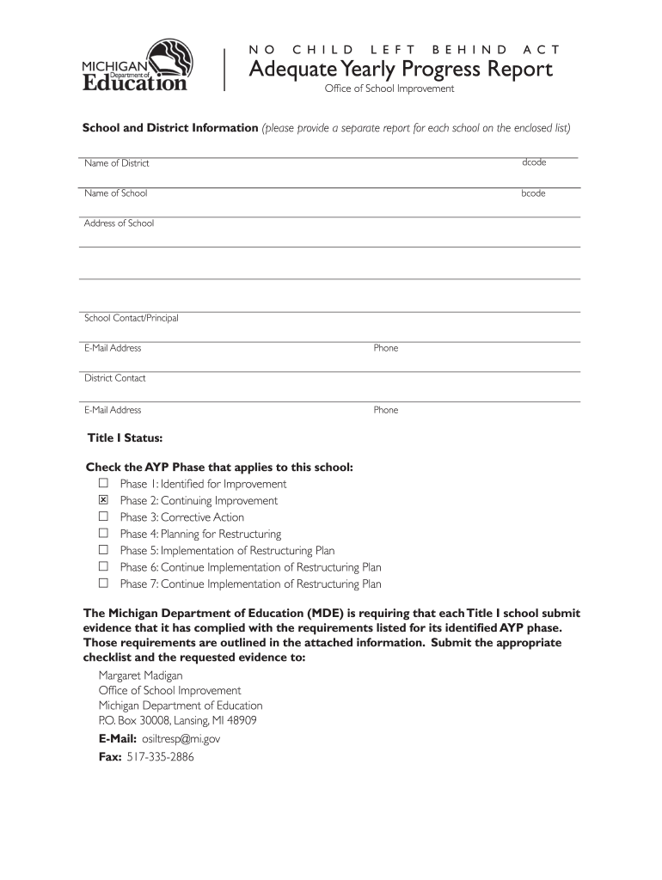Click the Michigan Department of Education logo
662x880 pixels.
click(134, 66)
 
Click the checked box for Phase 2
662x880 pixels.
click(103, 500)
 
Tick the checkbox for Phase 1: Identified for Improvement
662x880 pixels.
click(103, 484)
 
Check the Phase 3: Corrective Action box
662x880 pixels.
click(103, 516)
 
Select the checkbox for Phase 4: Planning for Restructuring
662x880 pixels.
click(103, 534)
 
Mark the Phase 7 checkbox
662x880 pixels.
click(103, 584)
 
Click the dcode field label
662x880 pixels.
click(534, 162)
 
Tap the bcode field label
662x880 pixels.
click(533, 193)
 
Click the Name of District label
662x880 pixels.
click(117, 163)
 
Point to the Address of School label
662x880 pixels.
click(119, 223)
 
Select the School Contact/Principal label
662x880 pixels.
click(131, 318)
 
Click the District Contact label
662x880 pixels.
click(114, 378)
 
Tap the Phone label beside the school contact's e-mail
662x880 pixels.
click(386, 348)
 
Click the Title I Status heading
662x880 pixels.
click(125, 438)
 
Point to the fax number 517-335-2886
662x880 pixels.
click(160, 757)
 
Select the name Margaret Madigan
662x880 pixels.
click(140, 675)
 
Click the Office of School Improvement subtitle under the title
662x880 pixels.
click(389, 89)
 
